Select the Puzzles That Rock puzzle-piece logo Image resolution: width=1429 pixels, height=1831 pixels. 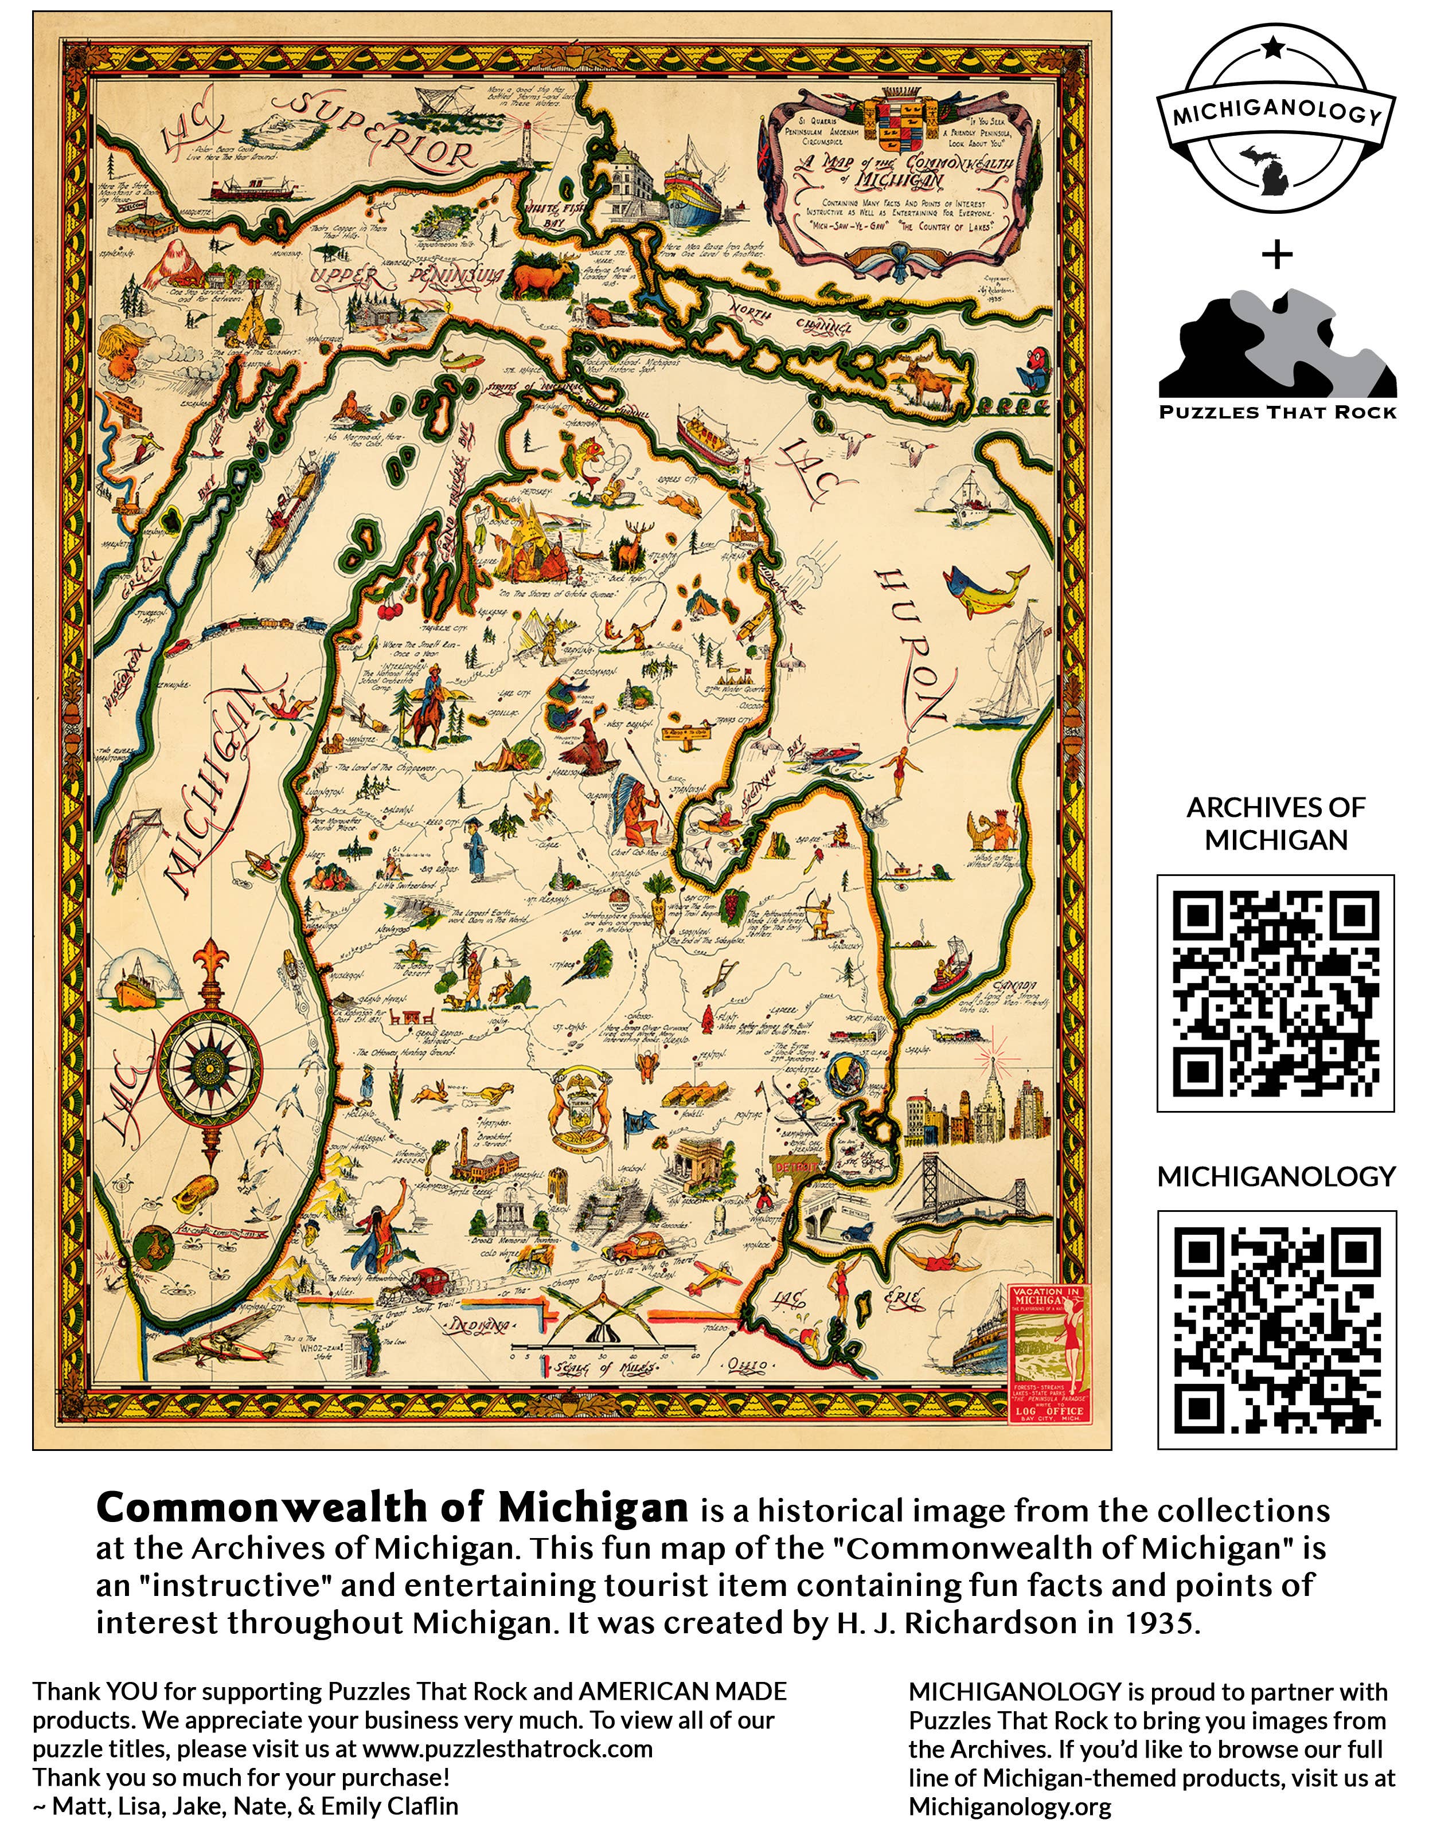(x=1276, y=352)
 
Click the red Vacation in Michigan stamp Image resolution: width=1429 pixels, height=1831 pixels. (x=1048, y=1354)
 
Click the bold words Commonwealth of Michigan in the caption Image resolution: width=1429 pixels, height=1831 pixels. (x=392, y=1508)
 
